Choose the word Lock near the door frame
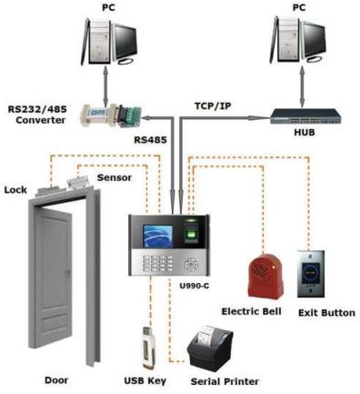15,189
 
